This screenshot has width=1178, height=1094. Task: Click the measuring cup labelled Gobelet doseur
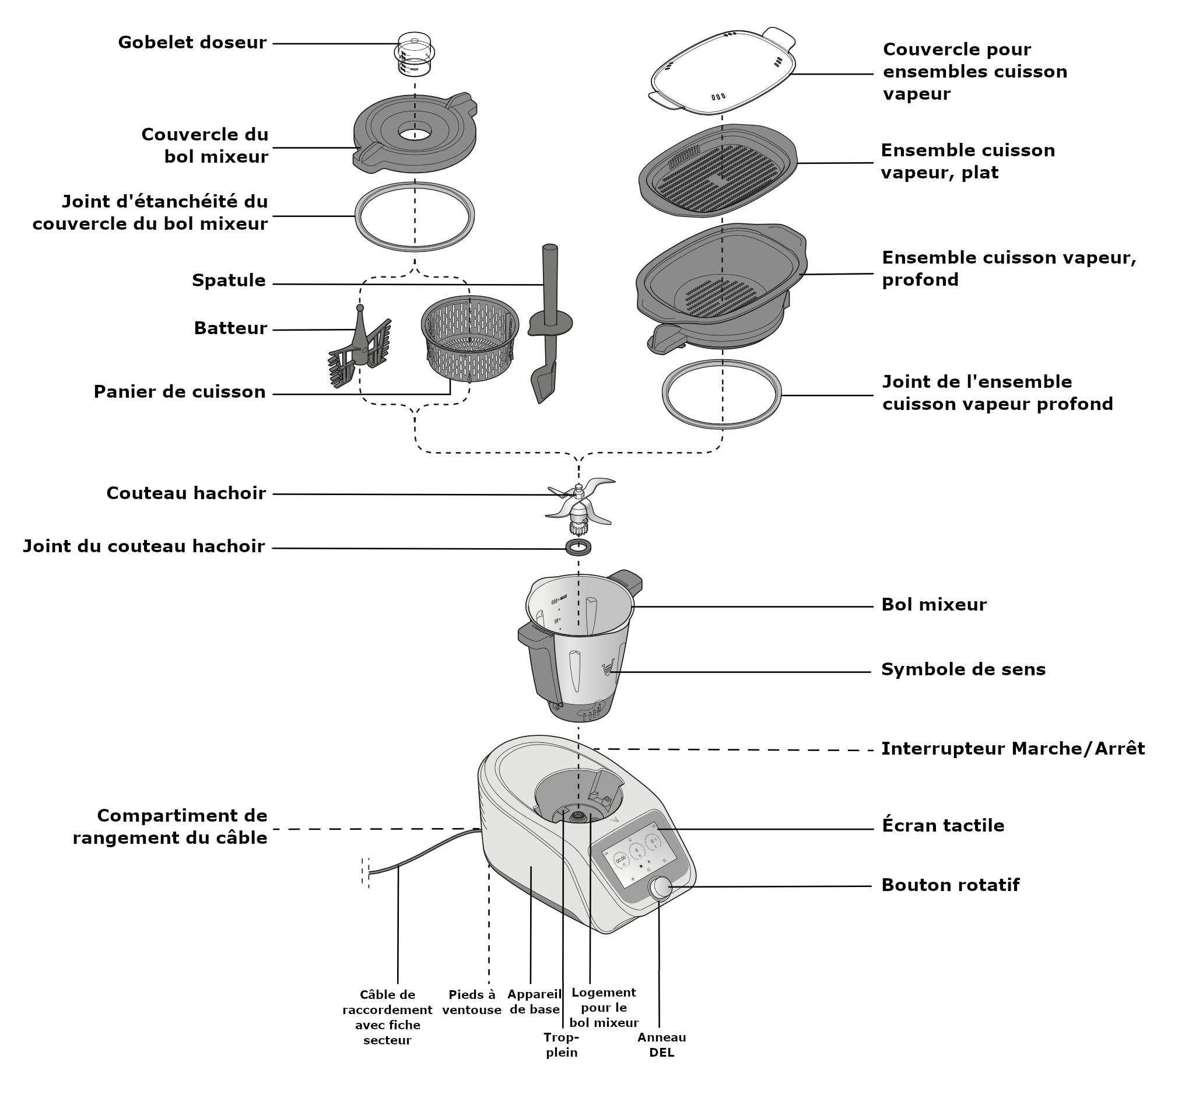pos(415,54)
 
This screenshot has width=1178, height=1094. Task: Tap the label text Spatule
pos(229,280)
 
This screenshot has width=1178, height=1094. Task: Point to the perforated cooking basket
pos(470,338)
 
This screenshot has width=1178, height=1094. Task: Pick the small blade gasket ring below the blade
pos(579,547)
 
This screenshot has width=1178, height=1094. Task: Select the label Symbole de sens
pos(963,669)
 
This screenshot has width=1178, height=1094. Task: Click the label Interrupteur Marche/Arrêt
pos(1013,749)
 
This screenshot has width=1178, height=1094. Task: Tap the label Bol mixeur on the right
pos(934,604)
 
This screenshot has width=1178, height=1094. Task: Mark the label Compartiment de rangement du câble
pos(170,826)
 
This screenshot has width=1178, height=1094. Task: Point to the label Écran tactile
pos(942,825)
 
